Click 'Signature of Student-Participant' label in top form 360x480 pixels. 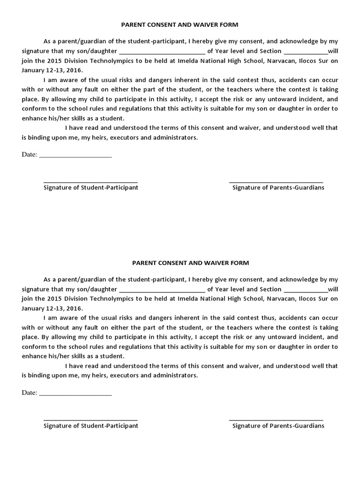point(91,187)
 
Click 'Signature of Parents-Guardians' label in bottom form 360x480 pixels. point(278,426)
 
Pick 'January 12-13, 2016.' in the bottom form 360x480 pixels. point(52,308)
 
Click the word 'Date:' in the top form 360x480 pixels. point(30,155)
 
